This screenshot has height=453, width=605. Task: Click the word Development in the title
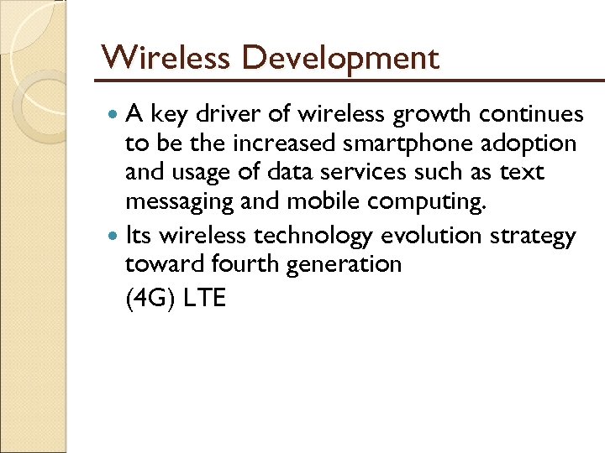[x=339, y=59]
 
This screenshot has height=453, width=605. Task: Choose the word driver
[x=229, y=113]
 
